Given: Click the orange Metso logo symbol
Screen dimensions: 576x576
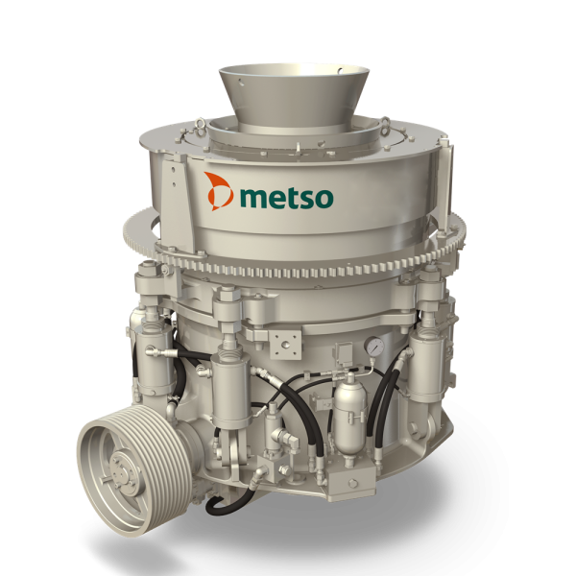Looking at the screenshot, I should pyautogui.click(x=219, y=192).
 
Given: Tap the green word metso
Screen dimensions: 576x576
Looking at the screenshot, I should pyautogui.click(x=285, y=197).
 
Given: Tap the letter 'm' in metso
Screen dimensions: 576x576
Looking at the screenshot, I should pyautogui.click(x=252, y=198).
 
